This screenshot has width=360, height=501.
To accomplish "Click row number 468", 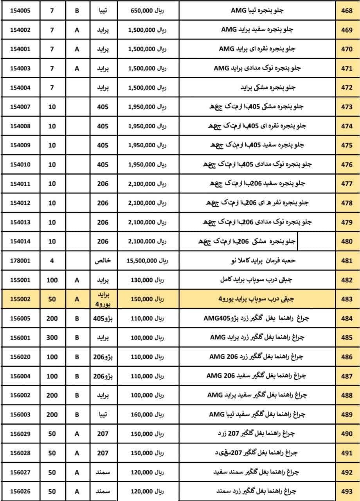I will (347, 11).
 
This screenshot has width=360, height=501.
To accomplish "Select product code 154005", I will (20, 11).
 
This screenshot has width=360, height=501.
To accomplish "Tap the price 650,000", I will (143, 11).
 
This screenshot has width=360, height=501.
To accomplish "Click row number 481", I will (347, 261).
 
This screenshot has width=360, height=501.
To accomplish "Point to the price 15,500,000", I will (142, 261).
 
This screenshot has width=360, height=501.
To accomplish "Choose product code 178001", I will (20, 261).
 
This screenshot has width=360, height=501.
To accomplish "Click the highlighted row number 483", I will (347, 299).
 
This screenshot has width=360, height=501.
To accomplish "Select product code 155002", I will (20, 299).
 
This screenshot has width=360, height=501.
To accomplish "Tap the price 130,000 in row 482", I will (143, 280).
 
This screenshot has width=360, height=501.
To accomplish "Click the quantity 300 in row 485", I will (52, 337).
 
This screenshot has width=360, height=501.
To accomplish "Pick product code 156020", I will (20, 357).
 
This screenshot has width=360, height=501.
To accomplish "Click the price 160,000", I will (143, 414).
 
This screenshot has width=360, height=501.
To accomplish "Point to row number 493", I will (347, 491).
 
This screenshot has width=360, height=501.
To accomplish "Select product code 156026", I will (20, 491).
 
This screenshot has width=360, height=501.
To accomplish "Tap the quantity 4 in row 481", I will (52, 261).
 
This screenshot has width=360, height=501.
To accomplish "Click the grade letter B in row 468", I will (77, 11).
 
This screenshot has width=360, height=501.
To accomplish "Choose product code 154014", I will (20, 241).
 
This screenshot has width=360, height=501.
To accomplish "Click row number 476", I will (347, 164).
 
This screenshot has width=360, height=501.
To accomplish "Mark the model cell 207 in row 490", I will (103, 434).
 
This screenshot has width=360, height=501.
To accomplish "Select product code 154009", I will (20, 145).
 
